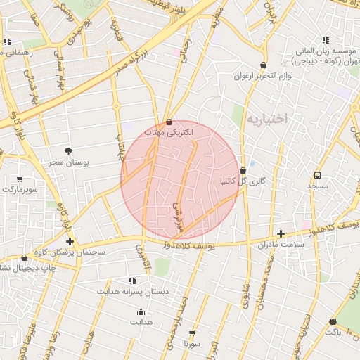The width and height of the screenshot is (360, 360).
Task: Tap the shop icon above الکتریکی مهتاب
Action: pos(168,122)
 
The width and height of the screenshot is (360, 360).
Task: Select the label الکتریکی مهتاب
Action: pos(163,131)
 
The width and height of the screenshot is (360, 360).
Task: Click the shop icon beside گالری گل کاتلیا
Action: pos(243,170)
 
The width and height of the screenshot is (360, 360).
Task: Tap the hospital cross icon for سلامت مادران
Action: pos(281,233)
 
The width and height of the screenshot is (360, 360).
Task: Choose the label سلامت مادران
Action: pos(279,243)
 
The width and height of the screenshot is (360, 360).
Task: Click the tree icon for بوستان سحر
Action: pos(67,151)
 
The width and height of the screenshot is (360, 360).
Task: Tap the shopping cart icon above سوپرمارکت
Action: pos(19,179)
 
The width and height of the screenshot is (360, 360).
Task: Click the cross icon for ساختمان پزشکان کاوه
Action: pos(70,241)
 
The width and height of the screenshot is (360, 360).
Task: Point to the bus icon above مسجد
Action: pos(317,175)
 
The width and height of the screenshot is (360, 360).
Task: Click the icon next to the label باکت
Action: pos(332,321)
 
